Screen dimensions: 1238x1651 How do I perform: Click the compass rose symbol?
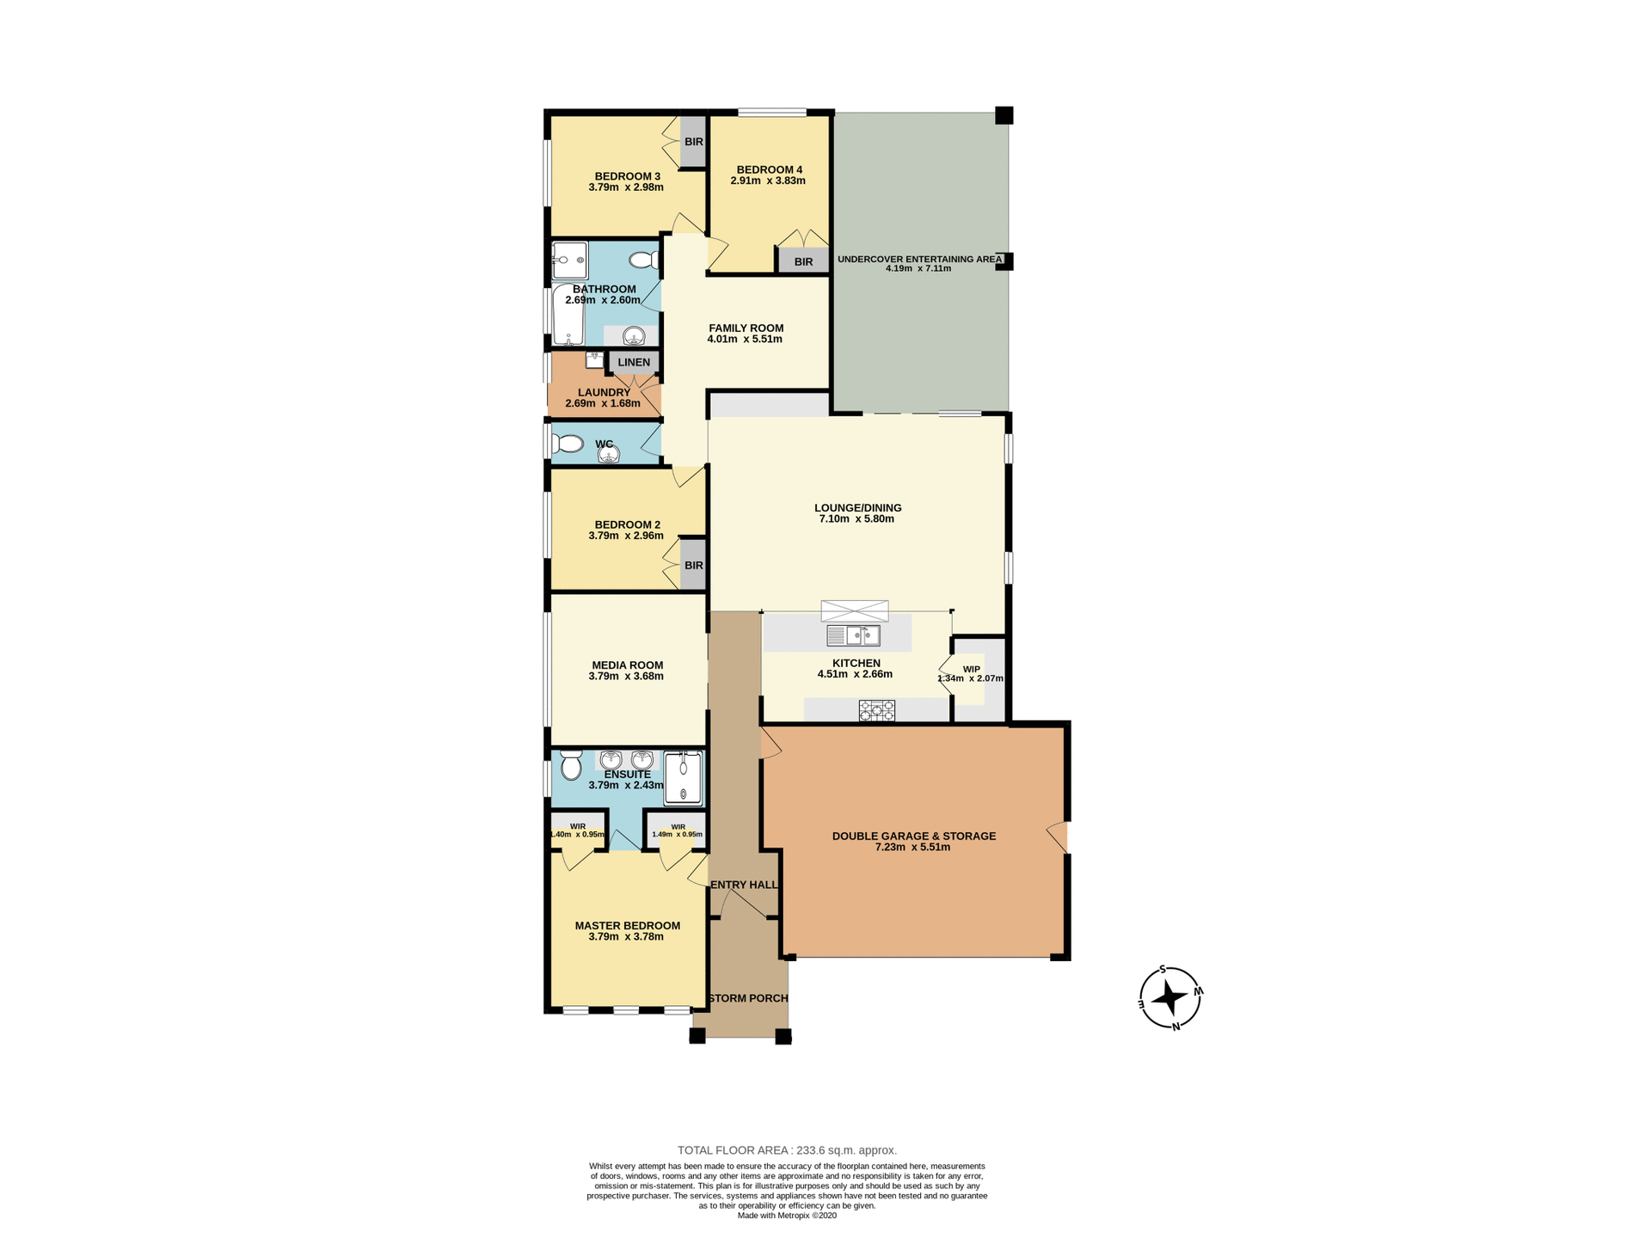(1169, 998)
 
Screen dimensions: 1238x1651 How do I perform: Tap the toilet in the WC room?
(568, 444)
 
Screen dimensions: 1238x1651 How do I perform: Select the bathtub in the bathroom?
(568, 315)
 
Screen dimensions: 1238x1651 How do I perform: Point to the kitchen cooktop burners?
(876, 710)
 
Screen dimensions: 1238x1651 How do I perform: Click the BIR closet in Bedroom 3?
(693, 142)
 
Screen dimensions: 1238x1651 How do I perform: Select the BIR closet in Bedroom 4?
(803, 261)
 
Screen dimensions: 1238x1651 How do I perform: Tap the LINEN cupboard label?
(634, 362)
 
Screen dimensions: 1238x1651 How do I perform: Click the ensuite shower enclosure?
(683, 777)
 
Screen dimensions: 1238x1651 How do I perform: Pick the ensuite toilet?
(571, 764)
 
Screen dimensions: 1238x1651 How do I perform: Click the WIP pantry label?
(971, 669)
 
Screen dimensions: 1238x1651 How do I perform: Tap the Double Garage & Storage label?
(913, 836)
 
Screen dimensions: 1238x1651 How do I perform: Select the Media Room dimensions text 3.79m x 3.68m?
(626, 677)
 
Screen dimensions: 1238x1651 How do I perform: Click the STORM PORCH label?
(747, 998)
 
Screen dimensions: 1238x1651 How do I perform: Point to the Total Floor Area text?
(787, 1150)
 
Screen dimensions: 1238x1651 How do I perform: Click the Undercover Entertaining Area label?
(919, 259)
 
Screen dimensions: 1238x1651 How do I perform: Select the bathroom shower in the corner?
(569, 259)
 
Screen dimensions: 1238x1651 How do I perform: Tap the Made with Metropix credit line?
(787, 1216)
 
